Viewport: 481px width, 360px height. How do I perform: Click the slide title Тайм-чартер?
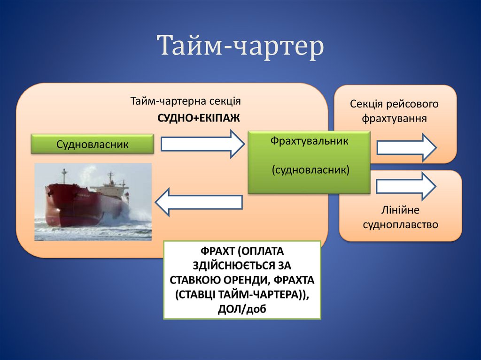(240, 46)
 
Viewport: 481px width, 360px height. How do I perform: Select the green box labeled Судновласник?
(93, 144)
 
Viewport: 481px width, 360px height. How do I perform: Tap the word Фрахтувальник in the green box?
(309, 141)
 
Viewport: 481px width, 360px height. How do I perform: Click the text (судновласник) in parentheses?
(309, 169)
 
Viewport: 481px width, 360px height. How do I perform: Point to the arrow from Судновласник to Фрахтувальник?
(202, 144)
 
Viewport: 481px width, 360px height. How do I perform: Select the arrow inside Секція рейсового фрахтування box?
(406, 147)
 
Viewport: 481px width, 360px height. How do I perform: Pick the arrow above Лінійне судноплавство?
(406, 186)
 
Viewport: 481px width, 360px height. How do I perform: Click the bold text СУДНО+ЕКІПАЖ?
(199, 117)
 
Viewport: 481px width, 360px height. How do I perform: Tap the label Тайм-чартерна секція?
(186, 101)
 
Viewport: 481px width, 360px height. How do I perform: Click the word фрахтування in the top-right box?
(394, 118)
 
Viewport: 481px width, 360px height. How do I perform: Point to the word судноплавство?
(400, 224)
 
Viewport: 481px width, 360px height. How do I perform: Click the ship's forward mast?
(63, 176)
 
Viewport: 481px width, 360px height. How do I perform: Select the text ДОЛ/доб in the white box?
(242, 309)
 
